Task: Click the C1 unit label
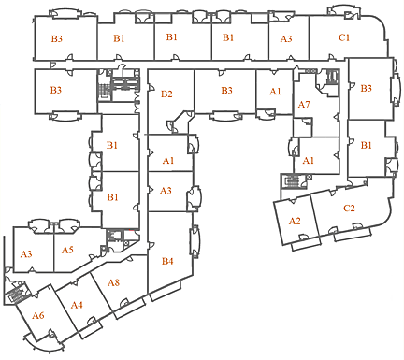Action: coord(344,37)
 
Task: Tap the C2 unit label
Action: coord(349,208)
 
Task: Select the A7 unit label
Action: coord(304,105)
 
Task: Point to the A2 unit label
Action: coord(295,221)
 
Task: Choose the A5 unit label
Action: coord(67,250)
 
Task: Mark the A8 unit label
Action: coord(113,282)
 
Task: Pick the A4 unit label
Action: coord(77,305)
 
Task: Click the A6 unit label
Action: coord(37,315)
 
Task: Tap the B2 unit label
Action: coord(166,94)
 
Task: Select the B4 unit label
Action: coord(167,261)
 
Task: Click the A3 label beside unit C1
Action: coord(286,38)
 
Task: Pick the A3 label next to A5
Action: coord(26,254)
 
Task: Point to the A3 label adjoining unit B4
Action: coord(166,191)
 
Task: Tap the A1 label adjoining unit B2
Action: coord(168,161)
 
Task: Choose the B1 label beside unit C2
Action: coord(367,146)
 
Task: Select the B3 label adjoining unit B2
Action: coord(226,91)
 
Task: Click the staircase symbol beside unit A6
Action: coord(15,296)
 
